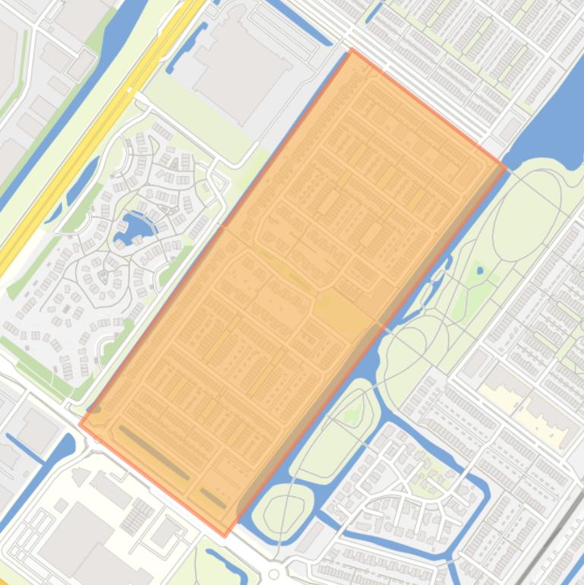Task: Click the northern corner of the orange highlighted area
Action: (352, 50)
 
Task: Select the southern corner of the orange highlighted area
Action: (224, 536)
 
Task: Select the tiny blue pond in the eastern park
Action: (479, 270)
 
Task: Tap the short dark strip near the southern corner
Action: (213, 498)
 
